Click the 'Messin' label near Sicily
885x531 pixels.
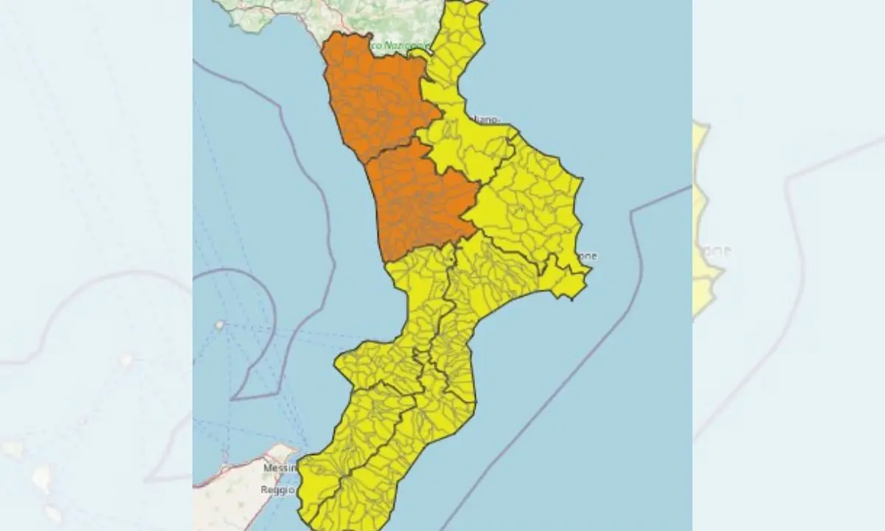(280, 468)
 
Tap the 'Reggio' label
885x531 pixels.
(277, 490)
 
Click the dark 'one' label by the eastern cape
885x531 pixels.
(587, 257)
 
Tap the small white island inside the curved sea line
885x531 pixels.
(219, 324)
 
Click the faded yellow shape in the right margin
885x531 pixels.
(704, 221)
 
